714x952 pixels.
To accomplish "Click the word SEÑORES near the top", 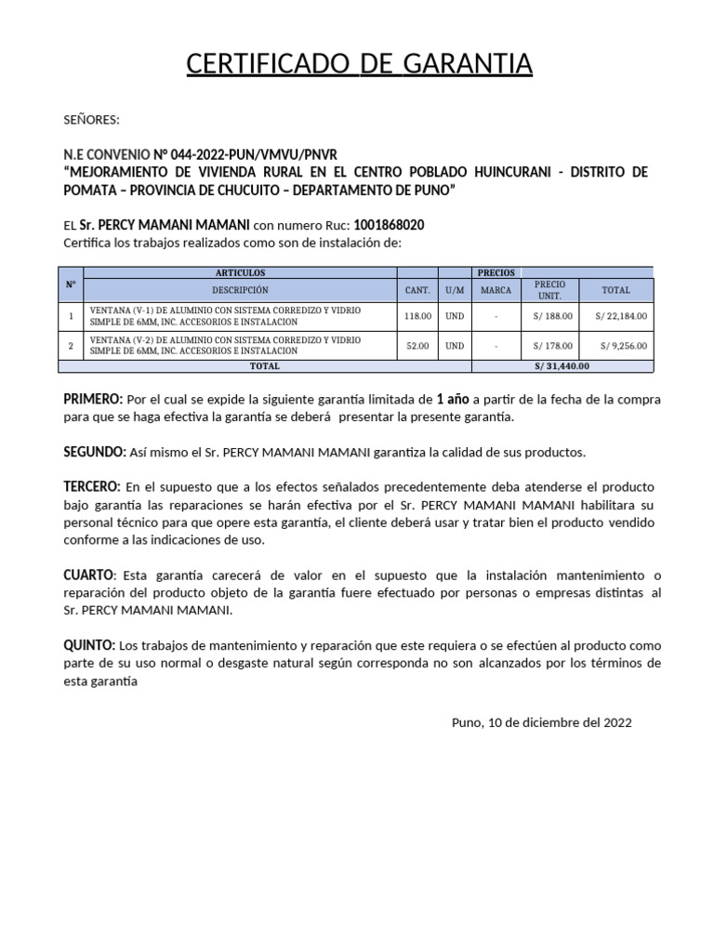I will (x=91, y=120).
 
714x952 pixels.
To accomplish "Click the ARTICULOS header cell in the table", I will (x=240, y=272).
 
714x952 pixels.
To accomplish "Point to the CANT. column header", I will (x=417, y=290).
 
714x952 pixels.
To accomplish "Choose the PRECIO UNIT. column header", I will (x=549, y=290).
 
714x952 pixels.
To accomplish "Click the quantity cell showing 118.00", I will (x=417, y=316).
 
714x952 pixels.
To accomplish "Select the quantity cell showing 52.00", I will (x=417, y=346).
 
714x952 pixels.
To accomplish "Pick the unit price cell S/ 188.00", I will (x=553, y=316).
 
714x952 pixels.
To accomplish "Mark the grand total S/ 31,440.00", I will (x=562, y=366).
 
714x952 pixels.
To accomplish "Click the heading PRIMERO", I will (x=92, y=400).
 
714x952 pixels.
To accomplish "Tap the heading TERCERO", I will (x=91, y=487).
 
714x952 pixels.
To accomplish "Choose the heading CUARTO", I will (x=88, y=575).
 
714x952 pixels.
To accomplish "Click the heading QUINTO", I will (x=88, y=645).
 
